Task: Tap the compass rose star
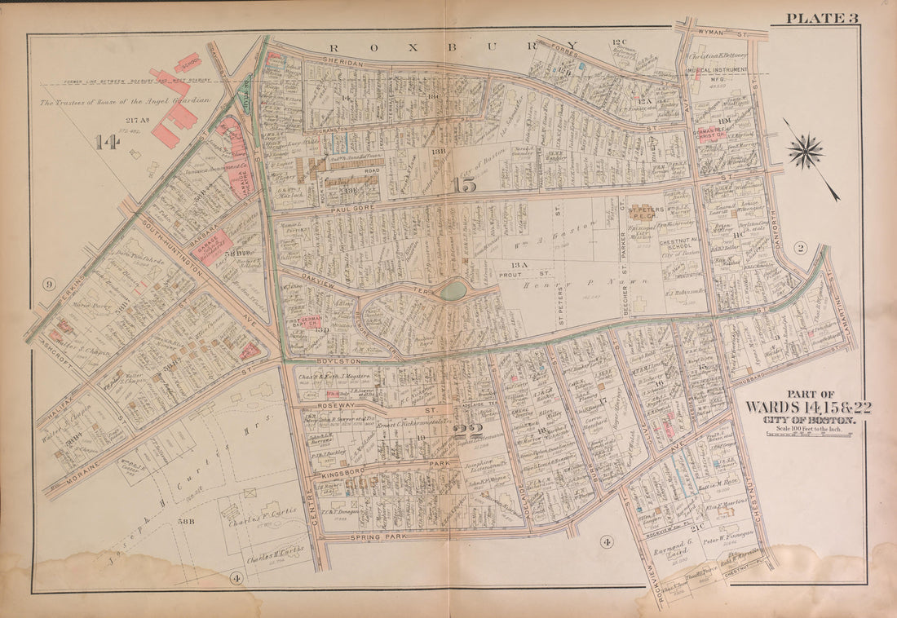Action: (806, 152)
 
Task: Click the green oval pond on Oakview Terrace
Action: (453, 290)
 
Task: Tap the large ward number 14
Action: (106, 143)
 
